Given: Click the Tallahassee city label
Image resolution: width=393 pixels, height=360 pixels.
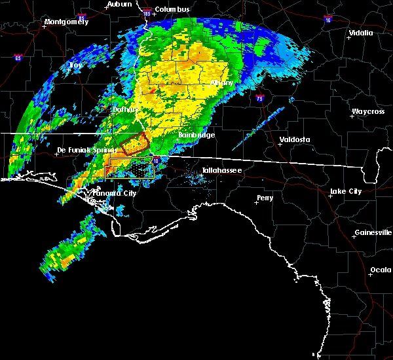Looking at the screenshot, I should tap(222, 170).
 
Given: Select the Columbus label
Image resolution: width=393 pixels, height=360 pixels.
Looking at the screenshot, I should tap(173, 9).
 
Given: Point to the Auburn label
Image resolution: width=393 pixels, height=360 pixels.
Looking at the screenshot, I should tap(119, 4).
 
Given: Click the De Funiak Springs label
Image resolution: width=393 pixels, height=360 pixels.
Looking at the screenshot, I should tap(83, 150).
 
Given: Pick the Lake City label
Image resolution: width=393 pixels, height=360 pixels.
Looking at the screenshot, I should tap(346, 191).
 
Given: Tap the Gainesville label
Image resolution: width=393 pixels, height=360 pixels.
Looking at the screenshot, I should tap(373, 232).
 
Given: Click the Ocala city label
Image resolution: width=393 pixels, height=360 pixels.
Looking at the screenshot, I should tap(381, 270).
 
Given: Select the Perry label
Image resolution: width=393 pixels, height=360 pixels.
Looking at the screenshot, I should tap(265, 198).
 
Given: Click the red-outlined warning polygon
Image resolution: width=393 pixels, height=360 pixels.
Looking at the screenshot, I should tap(134, 143).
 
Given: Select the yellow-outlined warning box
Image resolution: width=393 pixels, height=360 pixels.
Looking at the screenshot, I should tap(130, 168).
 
